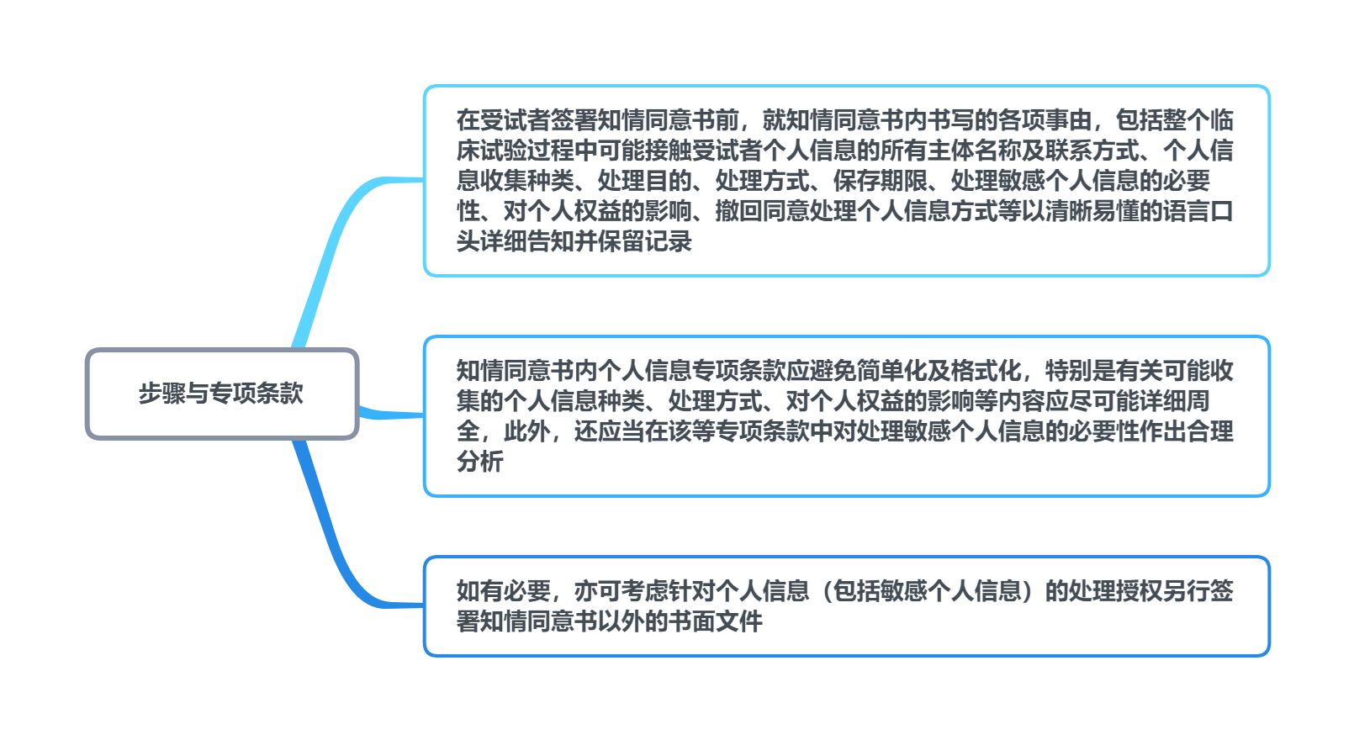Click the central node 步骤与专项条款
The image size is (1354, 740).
222,394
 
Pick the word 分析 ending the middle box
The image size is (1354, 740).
480,462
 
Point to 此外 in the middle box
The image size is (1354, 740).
527,431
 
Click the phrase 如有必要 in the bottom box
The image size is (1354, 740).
504,590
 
